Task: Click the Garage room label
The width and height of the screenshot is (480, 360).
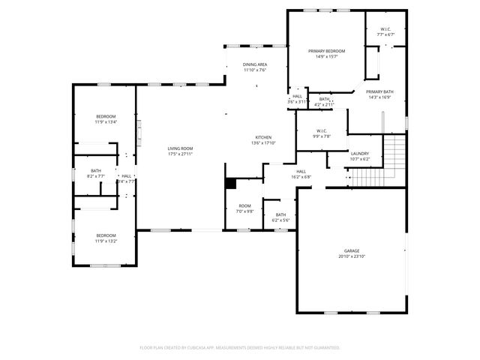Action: [x=351, y=253]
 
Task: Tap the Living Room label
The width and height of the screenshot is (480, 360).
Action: [x=180, y=151]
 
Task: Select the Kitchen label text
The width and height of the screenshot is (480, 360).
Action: [x=263, y=139]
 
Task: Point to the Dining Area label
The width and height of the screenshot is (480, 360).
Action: [x=254, y=67]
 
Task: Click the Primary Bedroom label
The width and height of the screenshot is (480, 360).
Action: [x=326, y=53]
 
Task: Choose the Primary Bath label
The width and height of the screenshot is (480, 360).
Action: [x=380, y=94]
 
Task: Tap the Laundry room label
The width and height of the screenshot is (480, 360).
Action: [x=360, y=155]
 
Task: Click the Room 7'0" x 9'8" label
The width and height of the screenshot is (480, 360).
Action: [x=245, y=208]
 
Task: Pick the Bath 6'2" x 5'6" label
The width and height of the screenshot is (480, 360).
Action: [x=280, y=217]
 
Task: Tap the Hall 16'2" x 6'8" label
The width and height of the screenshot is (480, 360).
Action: [x=301, y=174]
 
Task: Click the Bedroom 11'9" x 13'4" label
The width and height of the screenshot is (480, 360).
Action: [x=106, y=118]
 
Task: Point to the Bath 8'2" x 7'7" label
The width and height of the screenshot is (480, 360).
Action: [x=96, y=172]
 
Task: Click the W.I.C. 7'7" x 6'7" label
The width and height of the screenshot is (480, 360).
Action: [x=385, y=31]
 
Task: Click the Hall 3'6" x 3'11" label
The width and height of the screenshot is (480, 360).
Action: [x=298, y=98]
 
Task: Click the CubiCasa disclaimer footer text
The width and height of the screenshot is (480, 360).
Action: [x=240, y=347]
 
